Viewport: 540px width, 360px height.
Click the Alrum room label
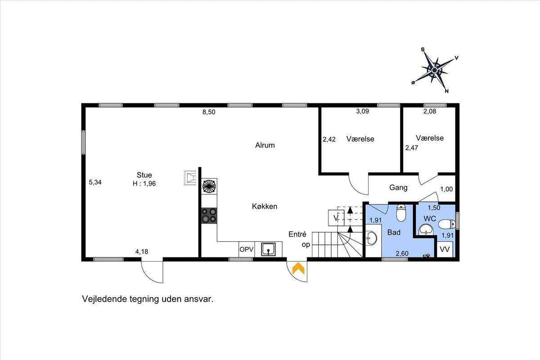[265, 145]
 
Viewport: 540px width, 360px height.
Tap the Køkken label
[265, 207]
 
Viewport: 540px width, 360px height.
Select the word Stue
[144, 175]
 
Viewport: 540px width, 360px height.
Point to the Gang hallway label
[398, 188]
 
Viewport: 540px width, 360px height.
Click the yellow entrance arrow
[298, 268]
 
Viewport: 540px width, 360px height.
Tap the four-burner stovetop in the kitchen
[209, 215]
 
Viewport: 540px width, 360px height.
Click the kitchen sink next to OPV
[268, 249]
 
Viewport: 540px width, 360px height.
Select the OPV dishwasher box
[247, 249]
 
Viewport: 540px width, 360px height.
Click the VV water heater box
[445, 249]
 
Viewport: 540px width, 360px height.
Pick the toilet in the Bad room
[401, 213]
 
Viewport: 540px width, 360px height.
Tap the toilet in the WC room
[447, 224]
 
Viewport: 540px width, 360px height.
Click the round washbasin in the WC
[426, 229]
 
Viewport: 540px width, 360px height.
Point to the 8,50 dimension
[209, 112]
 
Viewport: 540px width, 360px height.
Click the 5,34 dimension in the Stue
[95, 182]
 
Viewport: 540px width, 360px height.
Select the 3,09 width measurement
[363, 111]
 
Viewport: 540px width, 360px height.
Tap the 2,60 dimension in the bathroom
[402, 253]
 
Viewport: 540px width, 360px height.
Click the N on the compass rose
[447, 91]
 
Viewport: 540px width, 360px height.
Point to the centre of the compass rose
[434, 70]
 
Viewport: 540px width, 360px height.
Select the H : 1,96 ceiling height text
[144, 184]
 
